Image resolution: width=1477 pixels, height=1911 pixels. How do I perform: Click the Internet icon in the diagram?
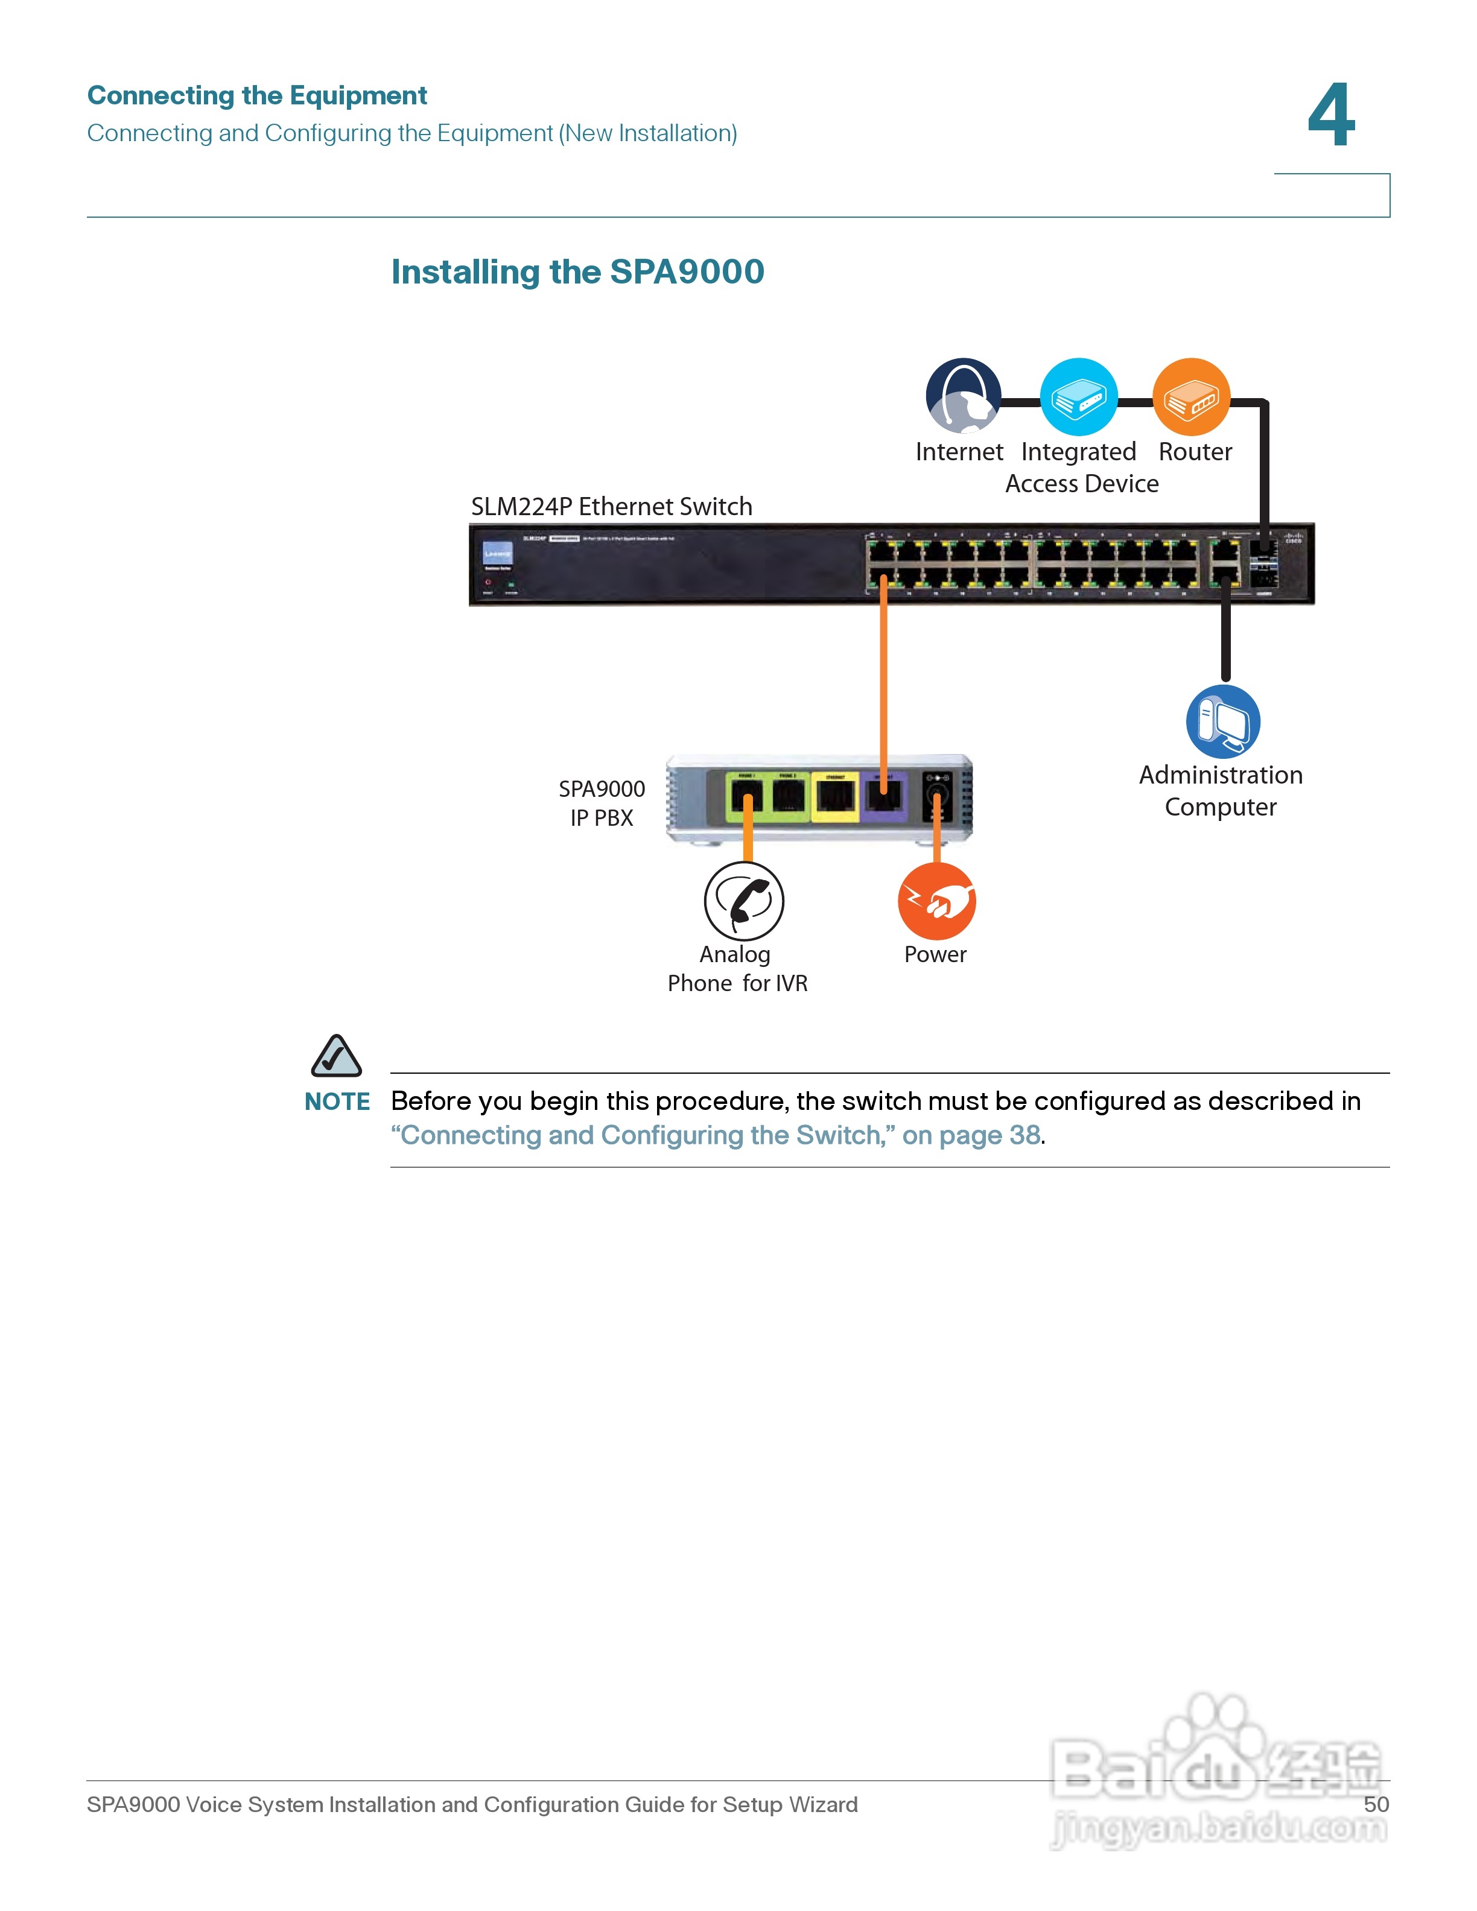(x=962, y=396)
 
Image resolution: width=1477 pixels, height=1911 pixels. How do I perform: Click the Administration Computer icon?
(x=1222, y=721)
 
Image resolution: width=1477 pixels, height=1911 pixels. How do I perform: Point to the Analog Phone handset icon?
(x=744, y=901)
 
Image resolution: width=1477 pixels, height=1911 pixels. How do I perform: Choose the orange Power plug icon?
(x=936, y=901)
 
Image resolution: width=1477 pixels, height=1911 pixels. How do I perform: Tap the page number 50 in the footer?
(x=1376, y=1804)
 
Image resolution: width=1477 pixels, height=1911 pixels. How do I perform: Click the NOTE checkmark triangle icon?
(x=336, y=1056)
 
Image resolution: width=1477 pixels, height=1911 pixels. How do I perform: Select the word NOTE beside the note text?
(x=337, y=1101)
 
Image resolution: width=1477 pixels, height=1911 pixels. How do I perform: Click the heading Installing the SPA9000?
(x=577, y=272)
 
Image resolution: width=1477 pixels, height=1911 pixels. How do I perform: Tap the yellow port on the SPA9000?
(x=836, y=796)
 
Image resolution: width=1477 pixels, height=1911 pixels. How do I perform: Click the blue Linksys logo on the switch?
(x=498, y=554)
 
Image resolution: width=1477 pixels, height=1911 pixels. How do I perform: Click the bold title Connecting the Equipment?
(x=257, y=95)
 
